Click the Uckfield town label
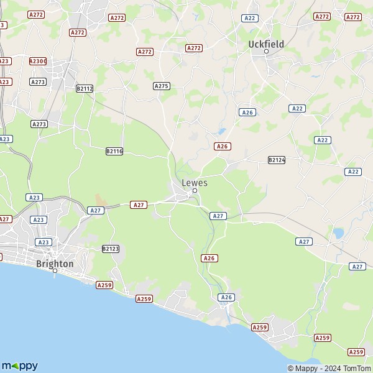tap(265, 44)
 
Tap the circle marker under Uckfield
tap(266, 52)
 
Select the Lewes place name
tap(195, 183)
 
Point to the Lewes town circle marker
tap(195, 191)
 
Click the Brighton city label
tap(55, 264)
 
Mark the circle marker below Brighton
tap(55, 271)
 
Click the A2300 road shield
tap(37, 61)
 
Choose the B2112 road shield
tap(85, 89)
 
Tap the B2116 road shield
tap(114, 151)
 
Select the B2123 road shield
tap(110, 249)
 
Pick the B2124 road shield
tap(277, 160)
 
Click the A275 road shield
tap(162, 86)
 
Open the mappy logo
tap(19, 366)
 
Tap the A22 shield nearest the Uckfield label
tap(251, 18)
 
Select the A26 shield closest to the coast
tap(227, 297)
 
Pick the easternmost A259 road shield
tap(356, 352)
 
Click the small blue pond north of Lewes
tap(221, 132)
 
